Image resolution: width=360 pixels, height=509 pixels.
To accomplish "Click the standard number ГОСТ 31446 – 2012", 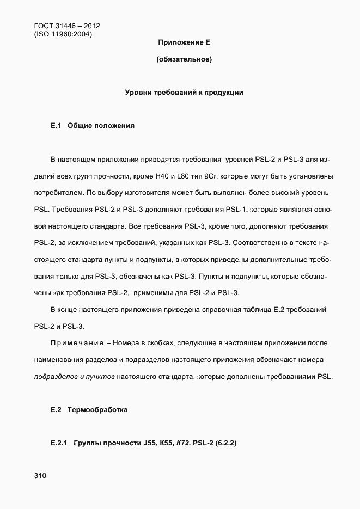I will tap(66, 26).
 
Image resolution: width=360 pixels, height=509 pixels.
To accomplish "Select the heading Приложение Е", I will tap(184, 42).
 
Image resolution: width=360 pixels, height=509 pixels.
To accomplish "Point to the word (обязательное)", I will tap(184, 59).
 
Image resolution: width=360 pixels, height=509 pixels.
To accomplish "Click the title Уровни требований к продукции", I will tap(184, 93).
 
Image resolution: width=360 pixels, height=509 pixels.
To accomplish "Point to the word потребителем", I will tap(59, 193).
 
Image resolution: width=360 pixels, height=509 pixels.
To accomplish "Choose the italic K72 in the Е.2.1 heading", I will tap(181, 443).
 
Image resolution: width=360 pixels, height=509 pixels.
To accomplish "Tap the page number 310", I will tap(40, 476).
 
